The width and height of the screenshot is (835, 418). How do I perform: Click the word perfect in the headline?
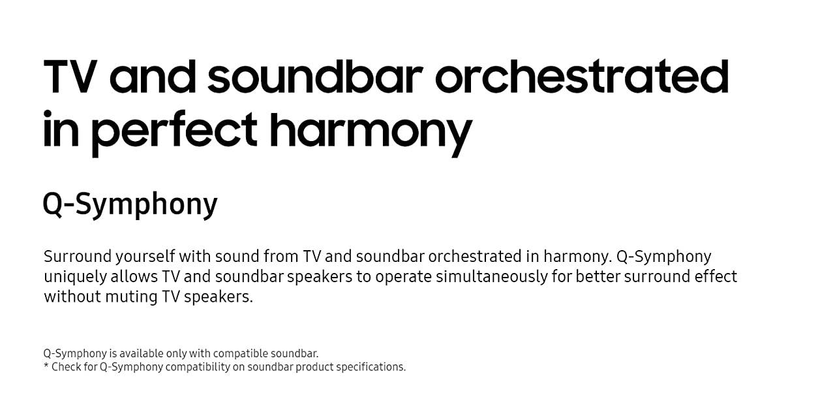click(174, 133)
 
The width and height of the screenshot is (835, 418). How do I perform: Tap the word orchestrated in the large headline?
click(582, 76)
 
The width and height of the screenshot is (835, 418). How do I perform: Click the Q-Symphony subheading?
click(130, 204)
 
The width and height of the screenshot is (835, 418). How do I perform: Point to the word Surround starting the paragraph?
click(77, 257)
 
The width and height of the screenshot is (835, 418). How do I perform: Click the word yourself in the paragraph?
click(145, 257)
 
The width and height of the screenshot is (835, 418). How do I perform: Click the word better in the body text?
click(597, 277)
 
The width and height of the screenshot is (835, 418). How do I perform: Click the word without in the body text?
click(72, 297)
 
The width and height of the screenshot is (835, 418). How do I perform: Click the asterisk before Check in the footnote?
click(46, 365)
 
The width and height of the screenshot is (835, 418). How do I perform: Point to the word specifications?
click(371, 368)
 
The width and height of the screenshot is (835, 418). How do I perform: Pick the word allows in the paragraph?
click(134, 277)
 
